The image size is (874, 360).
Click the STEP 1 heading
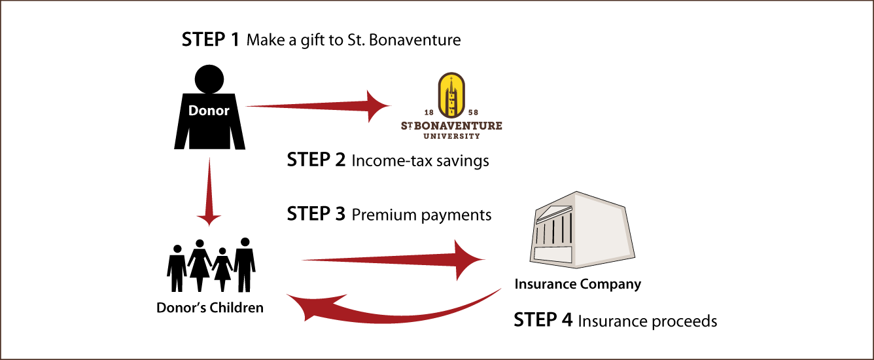(210, 40)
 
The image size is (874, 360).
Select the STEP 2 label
(316, 160)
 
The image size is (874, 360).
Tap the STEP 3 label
(316, 214)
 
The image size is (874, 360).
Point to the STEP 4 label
(543, 320)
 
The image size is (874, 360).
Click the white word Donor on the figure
(209, 111)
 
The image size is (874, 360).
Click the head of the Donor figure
(209, 79)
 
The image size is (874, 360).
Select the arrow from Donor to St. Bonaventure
(318, 106)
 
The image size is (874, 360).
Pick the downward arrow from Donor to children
(209, 192)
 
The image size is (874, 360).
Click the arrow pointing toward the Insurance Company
(393, 259)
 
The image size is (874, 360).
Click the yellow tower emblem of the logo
(451, 96)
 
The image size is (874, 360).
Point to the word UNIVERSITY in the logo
(451, 136)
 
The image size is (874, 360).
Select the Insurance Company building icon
(582, 230)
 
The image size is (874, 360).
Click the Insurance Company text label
(578, 284)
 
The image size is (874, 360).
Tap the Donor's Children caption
(210, 308)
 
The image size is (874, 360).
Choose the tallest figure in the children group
(245, 264)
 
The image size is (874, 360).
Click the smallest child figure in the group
(222, 270)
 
